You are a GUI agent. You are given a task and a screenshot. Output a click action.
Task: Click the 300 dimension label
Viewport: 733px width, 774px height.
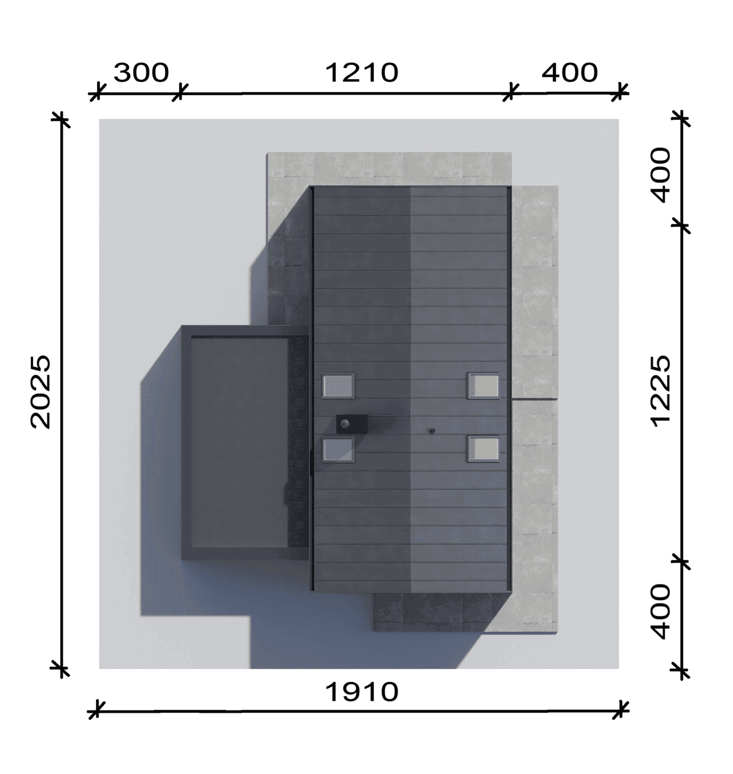click(141, 73)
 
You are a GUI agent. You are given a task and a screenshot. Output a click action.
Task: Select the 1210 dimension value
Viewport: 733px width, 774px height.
click(361, 73)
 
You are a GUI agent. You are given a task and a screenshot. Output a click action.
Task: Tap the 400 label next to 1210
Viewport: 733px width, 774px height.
click(569, 73)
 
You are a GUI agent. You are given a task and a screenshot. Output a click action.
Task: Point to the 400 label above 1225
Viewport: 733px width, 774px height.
click(660, 175)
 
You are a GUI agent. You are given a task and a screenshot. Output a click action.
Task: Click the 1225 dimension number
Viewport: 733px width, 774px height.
click(660, 391)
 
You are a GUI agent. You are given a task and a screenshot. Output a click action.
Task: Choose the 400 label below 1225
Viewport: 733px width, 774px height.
click(660, 611)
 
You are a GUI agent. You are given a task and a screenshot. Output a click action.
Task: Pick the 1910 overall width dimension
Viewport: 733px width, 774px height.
click(361, 692)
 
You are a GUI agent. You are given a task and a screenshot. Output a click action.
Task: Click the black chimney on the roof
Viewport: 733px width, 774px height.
click(351, 424)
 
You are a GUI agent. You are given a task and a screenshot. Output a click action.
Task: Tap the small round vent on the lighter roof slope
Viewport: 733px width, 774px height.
click(432, 431)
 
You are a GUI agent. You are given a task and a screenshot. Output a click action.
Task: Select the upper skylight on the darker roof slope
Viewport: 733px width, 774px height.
click(338, 386)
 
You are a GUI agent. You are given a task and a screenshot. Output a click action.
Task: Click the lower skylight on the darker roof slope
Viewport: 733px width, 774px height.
click(338, 449)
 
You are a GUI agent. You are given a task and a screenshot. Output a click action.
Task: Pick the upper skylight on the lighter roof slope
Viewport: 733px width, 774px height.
click(484, 386)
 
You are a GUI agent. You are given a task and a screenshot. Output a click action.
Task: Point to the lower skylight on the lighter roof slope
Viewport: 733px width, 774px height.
click(484, 449)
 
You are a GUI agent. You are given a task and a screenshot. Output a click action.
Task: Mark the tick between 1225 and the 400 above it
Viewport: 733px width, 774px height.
click(682, 225)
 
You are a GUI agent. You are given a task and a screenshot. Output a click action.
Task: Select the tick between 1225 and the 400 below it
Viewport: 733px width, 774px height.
click(682, 561)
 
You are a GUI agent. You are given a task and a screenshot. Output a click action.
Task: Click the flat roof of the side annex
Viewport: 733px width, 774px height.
click(239, 443)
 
